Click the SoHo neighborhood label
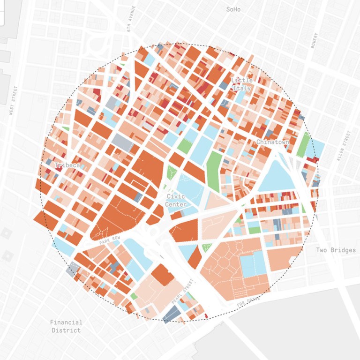coord(233,9)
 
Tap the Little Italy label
coord(242,84)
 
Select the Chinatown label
coord(272,142)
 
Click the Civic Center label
coord(176,201)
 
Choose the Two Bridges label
coord(336,250)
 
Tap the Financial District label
coord(66,326)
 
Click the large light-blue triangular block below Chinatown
coord(277,176)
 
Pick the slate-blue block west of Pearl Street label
coord(172,314)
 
